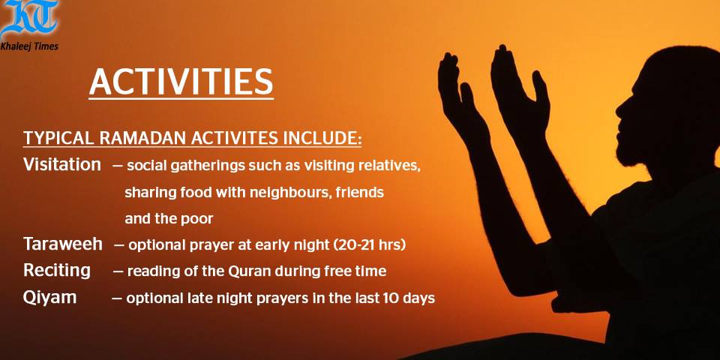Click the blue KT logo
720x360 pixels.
point(29,18)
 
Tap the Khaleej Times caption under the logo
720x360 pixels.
point(29,46)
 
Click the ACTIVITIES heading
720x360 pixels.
point(181,82)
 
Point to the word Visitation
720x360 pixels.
point(62,164)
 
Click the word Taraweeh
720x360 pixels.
point(63,244)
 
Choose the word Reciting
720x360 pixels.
point(57,271)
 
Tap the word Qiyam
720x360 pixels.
point(49,298)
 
